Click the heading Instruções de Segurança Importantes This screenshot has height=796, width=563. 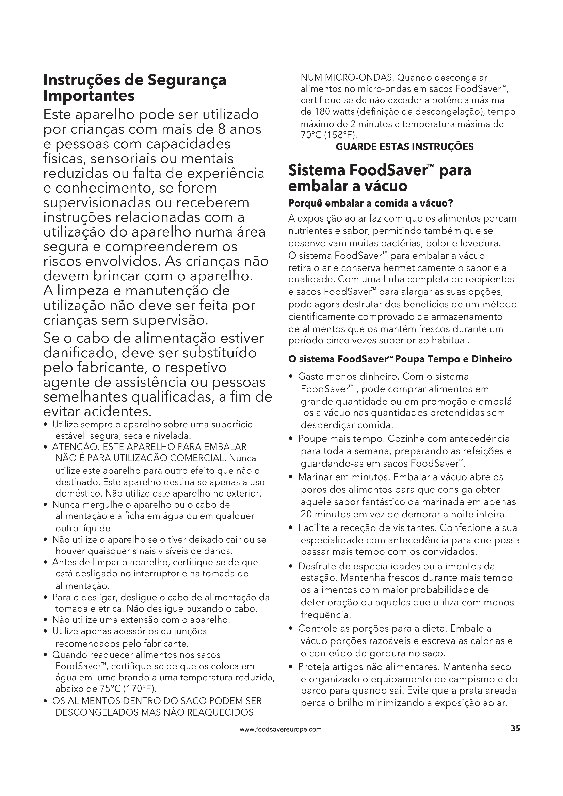click(134, 88)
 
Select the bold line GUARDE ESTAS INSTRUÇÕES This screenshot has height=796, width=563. click(405, 147)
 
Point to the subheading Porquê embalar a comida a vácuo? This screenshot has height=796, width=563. click(371, 204)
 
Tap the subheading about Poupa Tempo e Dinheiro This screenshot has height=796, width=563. click(400, 359)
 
